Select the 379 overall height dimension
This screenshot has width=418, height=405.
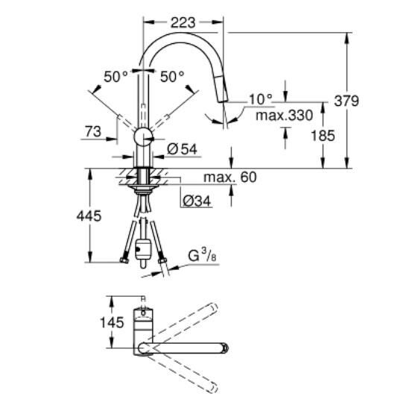[367, 100]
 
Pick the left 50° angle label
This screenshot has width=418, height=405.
[116, 76]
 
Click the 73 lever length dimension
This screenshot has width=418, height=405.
[93, 131]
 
